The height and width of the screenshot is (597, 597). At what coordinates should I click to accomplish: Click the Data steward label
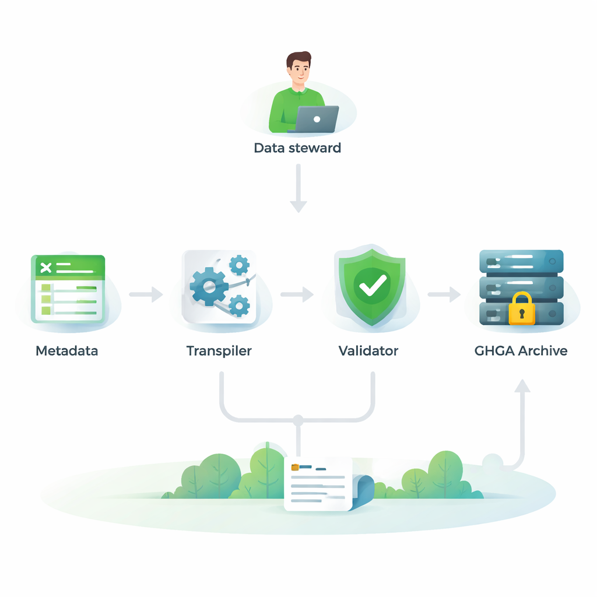pos(297,148)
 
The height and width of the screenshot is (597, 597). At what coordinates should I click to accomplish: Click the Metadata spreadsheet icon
pos(69,288)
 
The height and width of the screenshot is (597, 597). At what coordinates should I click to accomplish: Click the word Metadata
pos(66,351)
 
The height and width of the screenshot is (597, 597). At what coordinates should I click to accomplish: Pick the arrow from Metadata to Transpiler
pos(146,294)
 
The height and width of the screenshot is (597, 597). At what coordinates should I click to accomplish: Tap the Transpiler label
pos(219,351)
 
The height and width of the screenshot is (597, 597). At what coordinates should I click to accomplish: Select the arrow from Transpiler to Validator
pos(297,294)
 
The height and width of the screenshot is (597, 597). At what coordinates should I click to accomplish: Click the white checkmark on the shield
pos(372,285)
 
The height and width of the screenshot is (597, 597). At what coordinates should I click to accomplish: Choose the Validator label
pos(368,351)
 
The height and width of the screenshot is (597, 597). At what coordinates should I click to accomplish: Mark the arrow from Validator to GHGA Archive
pos(444,294)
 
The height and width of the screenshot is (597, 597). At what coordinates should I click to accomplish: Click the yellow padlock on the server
pos(521,308)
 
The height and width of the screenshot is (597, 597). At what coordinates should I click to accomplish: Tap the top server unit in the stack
pos(521,261)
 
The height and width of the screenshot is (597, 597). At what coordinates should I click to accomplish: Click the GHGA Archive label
pos(521,351)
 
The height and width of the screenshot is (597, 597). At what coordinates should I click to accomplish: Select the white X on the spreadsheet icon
pos(46,268)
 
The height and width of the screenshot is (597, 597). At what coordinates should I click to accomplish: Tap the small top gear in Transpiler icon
pos(239,265)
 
